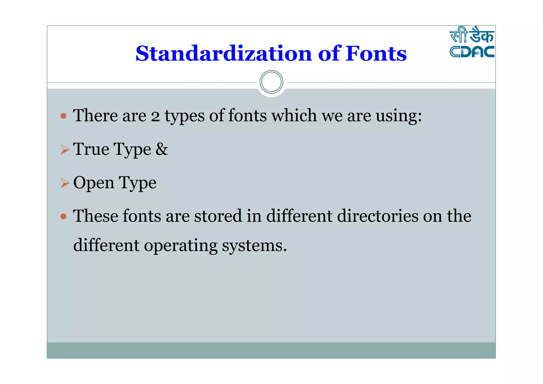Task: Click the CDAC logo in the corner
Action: [472, 42]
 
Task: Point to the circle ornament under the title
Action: [271, 82]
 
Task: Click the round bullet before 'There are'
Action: [63, 116]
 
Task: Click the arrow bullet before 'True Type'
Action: [65, 149]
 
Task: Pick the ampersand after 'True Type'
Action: [161, 149]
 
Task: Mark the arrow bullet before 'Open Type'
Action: [65, 183]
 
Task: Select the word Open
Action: [94, 183]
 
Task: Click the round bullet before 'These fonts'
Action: [63, 216]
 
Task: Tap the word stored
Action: [218, 216]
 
